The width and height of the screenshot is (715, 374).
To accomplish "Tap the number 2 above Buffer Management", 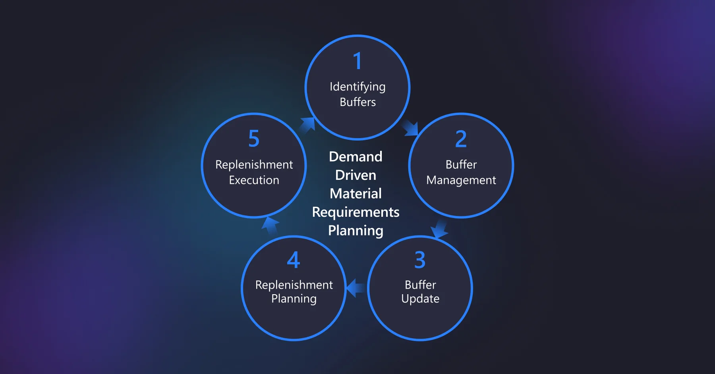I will [461, 139].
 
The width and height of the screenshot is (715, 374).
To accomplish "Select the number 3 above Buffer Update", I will [420, 260].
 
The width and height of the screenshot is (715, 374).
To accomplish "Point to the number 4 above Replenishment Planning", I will [294, 260].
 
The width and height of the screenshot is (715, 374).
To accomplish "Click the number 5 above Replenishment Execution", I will [254, 139].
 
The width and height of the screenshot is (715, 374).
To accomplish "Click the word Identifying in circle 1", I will [357, 87].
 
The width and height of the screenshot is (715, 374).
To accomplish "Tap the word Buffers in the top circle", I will [357, 102].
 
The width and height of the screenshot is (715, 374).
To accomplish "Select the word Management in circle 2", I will [461, 180].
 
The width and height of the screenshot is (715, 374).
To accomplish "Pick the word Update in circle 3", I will [420, 299].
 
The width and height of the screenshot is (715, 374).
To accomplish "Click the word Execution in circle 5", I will [254, 180].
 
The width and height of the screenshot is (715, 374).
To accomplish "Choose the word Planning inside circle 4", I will [294, 299].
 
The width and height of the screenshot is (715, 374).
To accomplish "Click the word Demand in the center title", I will [356, 157].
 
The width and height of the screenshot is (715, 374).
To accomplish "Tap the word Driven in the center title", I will [356, 175].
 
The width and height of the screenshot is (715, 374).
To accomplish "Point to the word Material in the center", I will [356, 194].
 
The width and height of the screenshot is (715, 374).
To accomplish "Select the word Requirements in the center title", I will [356, 212].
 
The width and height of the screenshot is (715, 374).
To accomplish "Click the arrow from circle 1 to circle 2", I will [411, 128].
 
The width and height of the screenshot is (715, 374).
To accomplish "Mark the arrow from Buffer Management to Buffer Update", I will [439, 229].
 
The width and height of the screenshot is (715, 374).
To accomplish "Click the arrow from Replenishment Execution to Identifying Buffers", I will [307, 125].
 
